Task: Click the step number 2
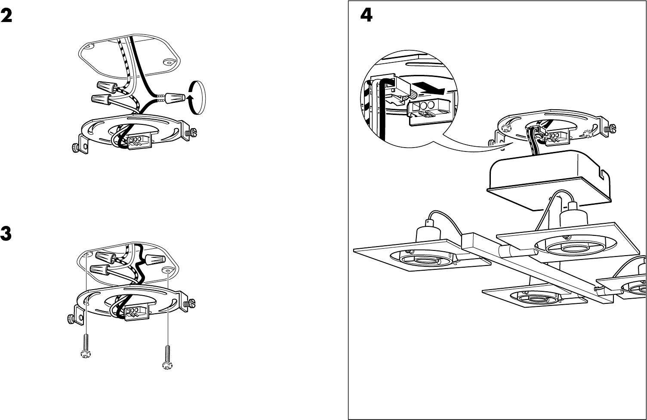point(6,16)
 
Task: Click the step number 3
point(6,234)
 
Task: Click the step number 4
point(366,15)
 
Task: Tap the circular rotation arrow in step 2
point(197,98)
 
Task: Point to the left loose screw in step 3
point(86,346)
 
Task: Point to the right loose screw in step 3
point(167,358)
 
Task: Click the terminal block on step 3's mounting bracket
point(137,312)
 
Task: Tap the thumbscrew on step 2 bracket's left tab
point(76,148)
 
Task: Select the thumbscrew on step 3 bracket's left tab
point(71,319)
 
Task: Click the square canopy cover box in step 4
point(549,181)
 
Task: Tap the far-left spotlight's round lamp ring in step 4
point(420,258)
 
